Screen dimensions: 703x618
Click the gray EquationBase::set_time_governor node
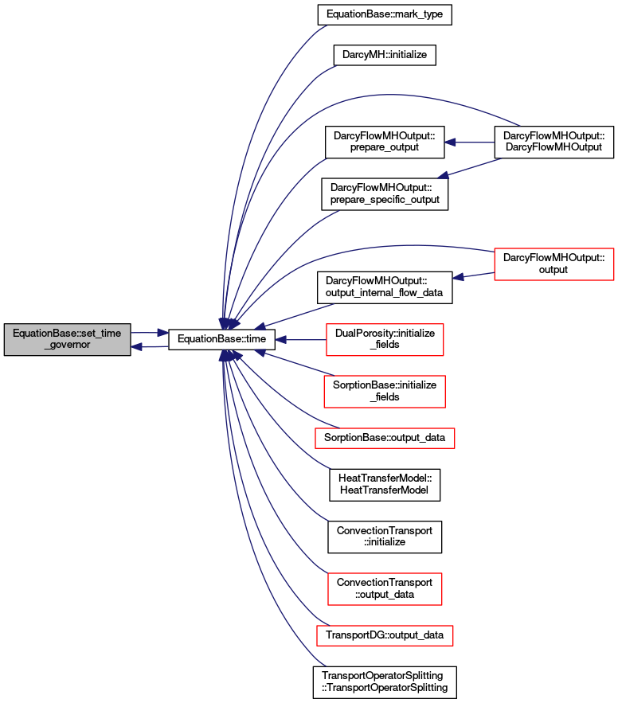[67, 339]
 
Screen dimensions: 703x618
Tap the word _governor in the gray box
[67, 346]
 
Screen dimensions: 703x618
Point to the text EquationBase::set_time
[67, 334]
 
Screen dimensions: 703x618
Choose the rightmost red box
[553, 264]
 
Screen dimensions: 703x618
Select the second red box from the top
[385, 340]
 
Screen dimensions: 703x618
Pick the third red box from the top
[384, 392]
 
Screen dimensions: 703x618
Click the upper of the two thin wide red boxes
[385, 438]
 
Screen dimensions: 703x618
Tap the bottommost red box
[385, 635]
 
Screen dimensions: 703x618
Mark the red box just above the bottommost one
[385, 589]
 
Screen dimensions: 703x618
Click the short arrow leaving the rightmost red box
[473, 275]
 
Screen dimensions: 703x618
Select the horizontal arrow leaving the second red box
[300, 340]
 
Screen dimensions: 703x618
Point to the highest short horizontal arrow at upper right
[469, 143]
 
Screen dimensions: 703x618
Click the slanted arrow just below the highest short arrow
[469, 168]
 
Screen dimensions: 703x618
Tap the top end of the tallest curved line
[326, 26]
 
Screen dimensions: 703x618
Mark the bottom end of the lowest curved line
[325, 665]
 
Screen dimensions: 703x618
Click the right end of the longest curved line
[518, 125]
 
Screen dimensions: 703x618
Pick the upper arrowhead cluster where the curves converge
[229, 323]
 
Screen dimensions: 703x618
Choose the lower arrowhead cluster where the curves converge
[229, 356]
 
